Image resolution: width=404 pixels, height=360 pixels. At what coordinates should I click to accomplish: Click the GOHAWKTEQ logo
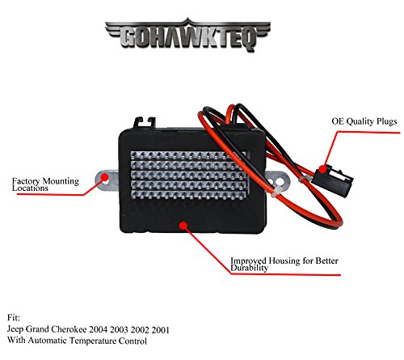[x=187, y=35]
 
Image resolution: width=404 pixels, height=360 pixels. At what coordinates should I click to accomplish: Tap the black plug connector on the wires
[x=333, y=180]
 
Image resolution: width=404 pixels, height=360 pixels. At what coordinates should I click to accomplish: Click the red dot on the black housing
[x=183, y=226]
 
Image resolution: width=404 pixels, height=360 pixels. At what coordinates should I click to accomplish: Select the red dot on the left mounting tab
[x=104, y=177]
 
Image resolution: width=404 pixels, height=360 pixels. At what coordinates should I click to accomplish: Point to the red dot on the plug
[x=322, y=169]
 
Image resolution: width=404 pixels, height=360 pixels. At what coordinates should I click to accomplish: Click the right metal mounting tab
[x=277, y=180]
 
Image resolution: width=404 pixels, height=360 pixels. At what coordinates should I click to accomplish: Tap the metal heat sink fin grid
[x=188, y=176]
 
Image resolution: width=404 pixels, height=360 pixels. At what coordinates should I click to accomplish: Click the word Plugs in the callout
[x=387, y=121]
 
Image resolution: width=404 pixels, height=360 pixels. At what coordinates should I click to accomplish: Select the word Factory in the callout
[x=26, y=181]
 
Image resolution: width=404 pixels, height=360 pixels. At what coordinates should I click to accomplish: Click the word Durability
[x=250, y=268]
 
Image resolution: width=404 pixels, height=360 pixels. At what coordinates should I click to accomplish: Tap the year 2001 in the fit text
[x=161, y=330]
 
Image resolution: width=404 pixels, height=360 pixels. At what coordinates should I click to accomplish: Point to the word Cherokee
[x=69, y=329]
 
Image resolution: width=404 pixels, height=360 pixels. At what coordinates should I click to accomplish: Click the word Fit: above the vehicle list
[x=14, y=318]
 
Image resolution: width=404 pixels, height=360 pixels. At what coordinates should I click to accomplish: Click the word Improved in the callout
[x=248, y=260]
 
